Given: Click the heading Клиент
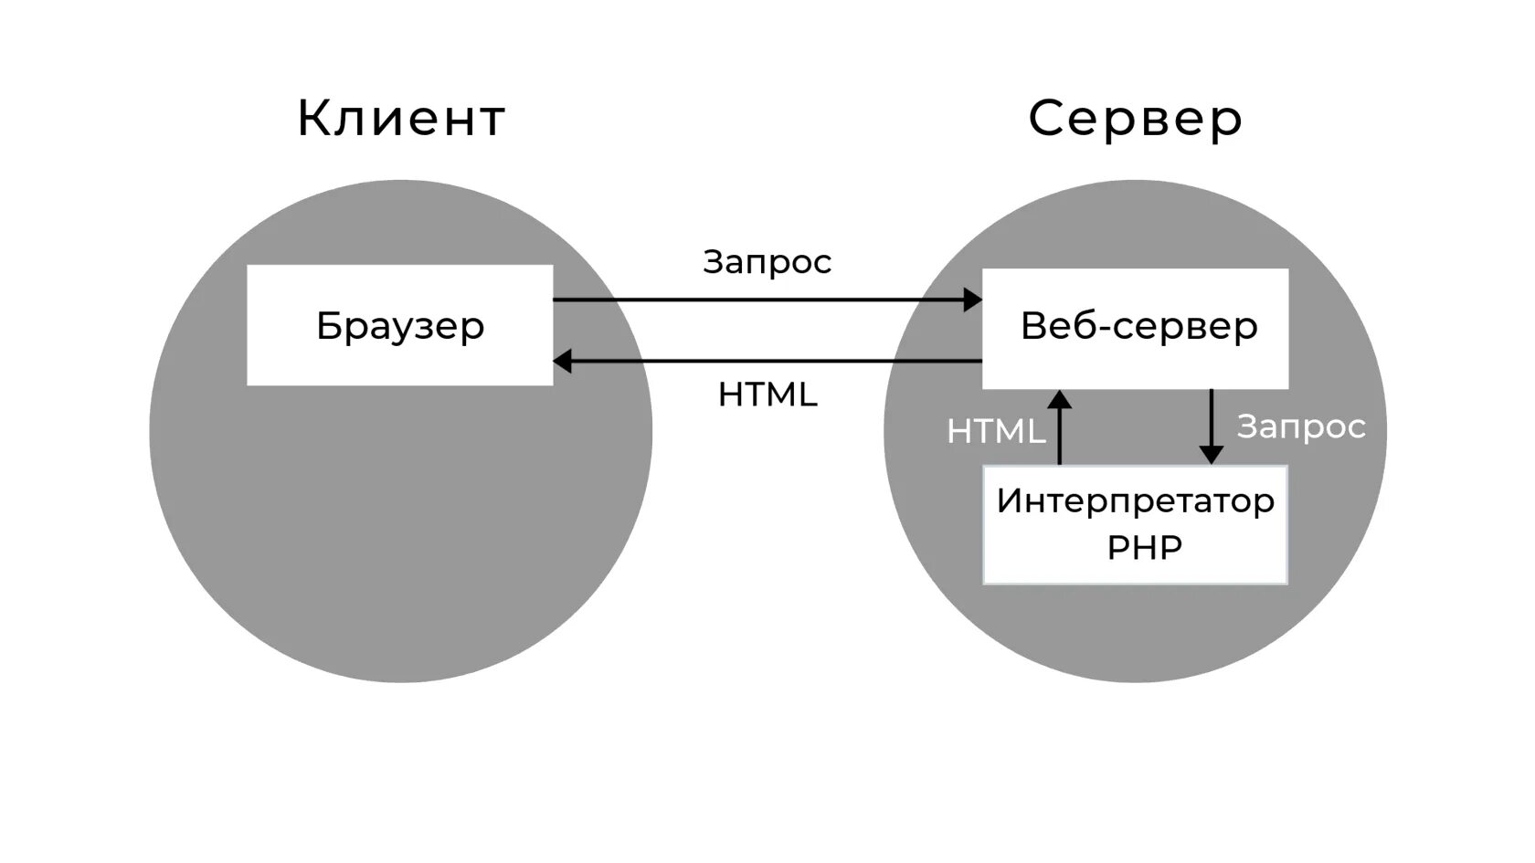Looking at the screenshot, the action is (x=401, y=119).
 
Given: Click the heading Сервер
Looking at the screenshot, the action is (x=1135, y=119).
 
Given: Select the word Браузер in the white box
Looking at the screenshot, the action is (x=400, y=326).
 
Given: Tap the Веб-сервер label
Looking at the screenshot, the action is (x=1138, y=326).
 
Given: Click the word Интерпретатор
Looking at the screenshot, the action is (x=1135, y=500).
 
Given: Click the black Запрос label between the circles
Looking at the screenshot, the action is (x=767, y=262).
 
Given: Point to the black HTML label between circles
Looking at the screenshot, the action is (x=767, y=395).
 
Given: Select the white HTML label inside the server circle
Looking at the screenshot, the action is (x=996, y=431).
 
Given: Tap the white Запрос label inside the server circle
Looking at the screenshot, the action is (x=1301, y=426).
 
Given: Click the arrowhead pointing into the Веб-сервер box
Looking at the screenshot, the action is (x=972, y=300).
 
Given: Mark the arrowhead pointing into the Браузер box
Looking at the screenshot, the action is (x=563, y=362).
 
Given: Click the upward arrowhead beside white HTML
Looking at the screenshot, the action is (x=1060, y=399).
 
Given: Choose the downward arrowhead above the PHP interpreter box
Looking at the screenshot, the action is (x=1211, y=454).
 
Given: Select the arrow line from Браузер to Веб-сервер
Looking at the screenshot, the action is (x=758, y=300).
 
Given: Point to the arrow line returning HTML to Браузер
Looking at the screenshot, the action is (x=777, y=362).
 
